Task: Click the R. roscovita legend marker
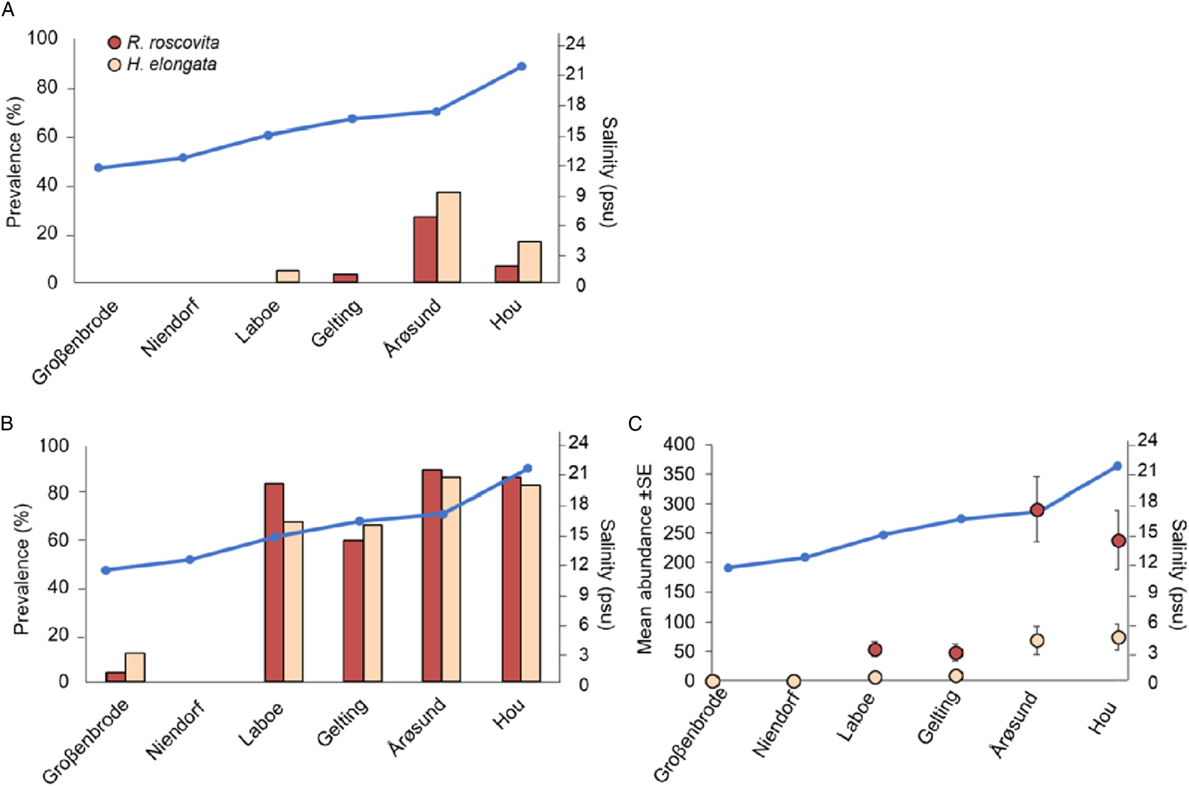pyautogui.click(x=115, y=43)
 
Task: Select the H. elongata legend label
pyautogui.click(x=171, y=64)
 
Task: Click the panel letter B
pyautogui.click(x=7, y=423)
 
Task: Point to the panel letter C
pyautogui.click(x=635, y=424)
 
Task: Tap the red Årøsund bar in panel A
pyautogui.click(x=425, y=249)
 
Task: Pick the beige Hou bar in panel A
pyautogui.click(x=529, y=262)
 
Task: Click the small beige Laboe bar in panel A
pyautogui.click(x=287, y=276)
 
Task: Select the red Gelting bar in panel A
pyautogui.click(x=345, y=278)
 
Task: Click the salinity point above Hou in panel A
pyautogui.click(x=522, y=67)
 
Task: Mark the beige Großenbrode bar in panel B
pyautogui.click(x=135, y=667)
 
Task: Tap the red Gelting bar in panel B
pyautogui.click(x=353, y=610)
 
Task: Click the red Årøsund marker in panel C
pyautogui.click(x=1037, y=510)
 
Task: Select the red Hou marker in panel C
pyautogui.click(x=1118, y=541)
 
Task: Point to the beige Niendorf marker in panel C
pyautogui.click(x=793, y=681)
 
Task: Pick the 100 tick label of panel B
pyautogui.click(x=54, y=445)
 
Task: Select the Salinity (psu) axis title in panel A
pyautogui.click(x=609, y=171)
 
